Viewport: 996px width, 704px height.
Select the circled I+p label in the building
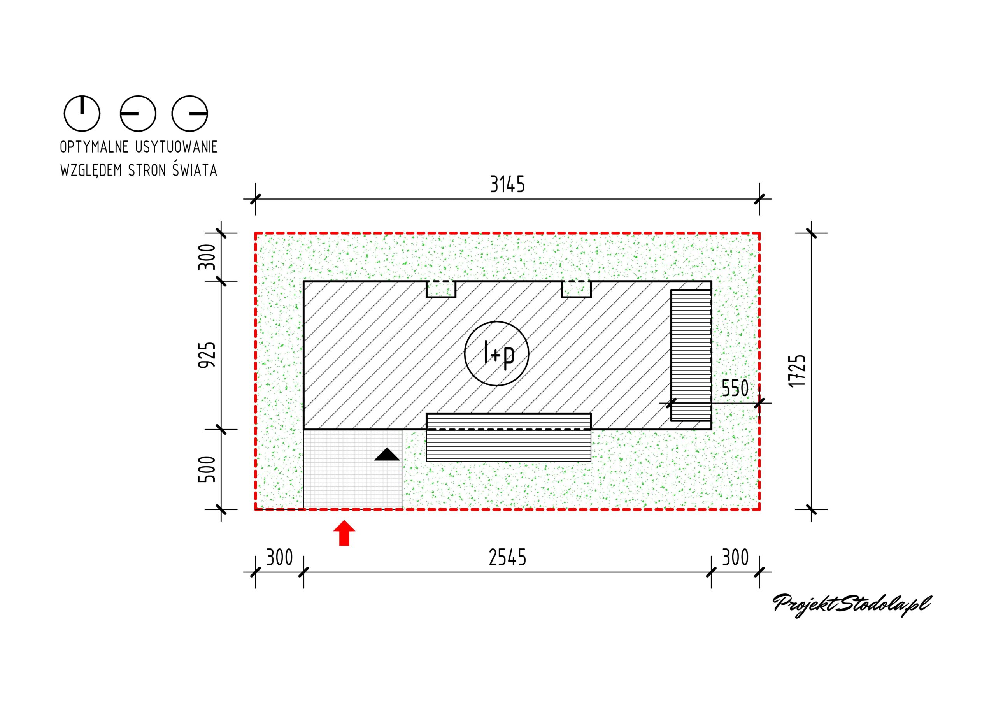tap(497, 353)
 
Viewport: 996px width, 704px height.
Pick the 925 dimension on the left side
tap(207, 355)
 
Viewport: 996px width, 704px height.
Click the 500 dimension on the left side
tap(207, 469)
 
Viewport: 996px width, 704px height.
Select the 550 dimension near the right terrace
tap(735, 388)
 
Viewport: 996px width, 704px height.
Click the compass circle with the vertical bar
tap(82, 113)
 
